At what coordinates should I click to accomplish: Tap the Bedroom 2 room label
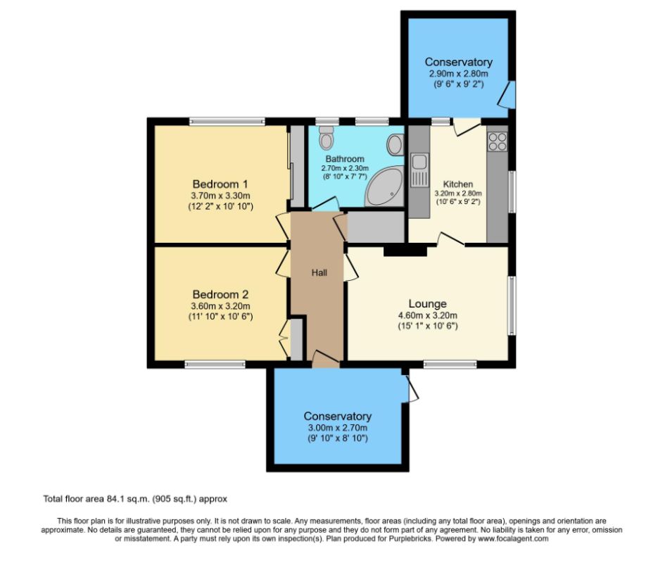[x=220, y=293]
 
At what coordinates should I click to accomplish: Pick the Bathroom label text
[x=344, y=159]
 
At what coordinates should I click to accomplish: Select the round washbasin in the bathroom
[x=395, y=146]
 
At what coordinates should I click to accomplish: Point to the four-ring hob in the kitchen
[x=497, y=141]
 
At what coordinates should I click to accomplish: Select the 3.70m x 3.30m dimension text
[x=220, y=195]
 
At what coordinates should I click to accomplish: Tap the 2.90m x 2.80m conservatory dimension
[x=458, y=73]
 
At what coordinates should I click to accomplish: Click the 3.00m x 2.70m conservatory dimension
[x=337, y=427]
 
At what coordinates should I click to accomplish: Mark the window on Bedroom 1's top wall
[x=226, y=121]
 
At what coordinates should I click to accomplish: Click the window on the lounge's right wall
[x=512, y=305]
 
